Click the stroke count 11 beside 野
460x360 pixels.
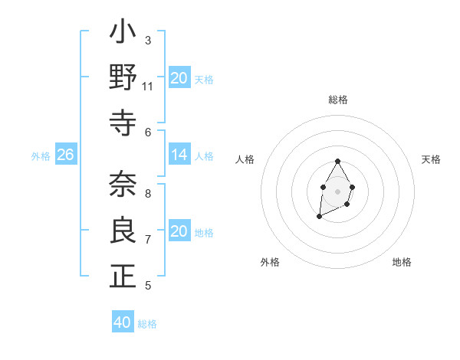click(x=148, y=87)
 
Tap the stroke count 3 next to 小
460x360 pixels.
click(x=148, y=40)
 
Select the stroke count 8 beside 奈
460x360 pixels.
click(x=148, y=193)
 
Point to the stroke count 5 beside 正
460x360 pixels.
click(x=148, y=286)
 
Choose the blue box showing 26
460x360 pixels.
click(x=65, y=155)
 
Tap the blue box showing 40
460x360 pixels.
click(x=123, y=322)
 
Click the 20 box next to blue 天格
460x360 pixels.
click(x=179, y=78)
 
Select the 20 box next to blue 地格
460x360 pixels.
click(x=179, y=232)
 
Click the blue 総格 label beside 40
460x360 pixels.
click(x=147, y=324)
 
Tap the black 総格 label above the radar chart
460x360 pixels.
click(x=337, y=100)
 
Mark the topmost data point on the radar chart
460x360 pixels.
click(x=337, y=161)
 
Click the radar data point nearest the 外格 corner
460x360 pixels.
click(x=319, y=217)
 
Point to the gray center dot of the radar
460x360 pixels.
click(x=337, y=190)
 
